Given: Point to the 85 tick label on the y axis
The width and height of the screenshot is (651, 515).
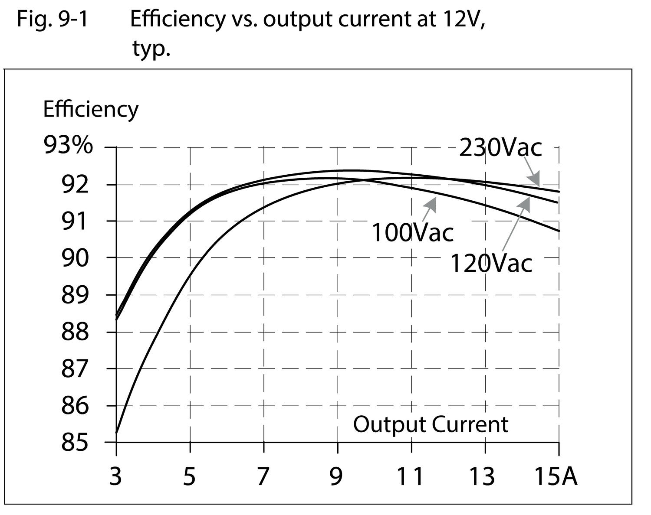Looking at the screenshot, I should click(75, 443).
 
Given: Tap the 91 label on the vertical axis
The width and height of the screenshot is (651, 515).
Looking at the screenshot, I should click(75, 221).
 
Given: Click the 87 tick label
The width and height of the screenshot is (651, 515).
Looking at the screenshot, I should click(75, 369).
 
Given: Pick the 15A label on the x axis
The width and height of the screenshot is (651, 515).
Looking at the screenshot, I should click(556, 476).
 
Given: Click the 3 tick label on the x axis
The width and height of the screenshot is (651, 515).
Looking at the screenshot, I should click(115, 476).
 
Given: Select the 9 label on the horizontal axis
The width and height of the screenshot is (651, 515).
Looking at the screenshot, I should click(336, 476).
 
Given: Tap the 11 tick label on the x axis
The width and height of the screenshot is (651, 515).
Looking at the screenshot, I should click(411, 476).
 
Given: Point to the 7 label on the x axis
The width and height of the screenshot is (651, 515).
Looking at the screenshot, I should click(263, 476).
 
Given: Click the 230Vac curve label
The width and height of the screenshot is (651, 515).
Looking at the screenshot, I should click(500, 148).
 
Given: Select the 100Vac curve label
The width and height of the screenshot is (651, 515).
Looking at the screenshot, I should click(412, 232).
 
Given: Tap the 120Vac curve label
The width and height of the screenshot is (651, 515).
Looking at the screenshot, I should click(491, 263).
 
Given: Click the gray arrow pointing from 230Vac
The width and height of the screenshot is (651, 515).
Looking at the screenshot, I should click(532, 173).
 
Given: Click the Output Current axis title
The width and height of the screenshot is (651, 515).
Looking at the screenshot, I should click(430, 424).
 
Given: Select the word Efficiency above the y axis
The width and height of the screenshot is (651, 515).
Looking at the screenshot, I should click(90, 109).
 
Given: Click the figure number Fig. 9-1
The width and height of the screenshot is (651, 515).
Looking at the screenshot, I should click(53, 20).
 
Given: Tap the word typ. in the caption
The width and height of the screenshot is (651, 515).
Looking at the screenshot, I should click(151, 49).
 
